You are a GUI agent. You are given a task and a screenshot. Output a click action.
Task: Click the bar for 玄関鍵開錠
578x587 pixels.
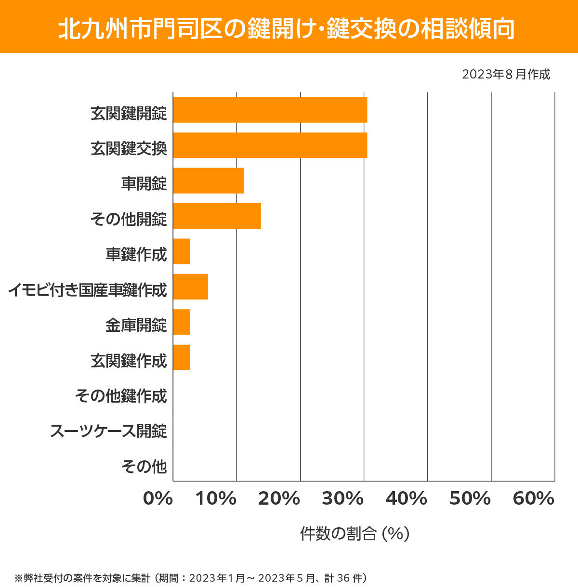pyautogui.click(x=270, y=110)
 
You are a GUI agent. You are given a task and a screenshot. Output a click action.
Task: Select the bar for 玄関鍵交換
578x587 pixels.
pyautogui.click(x=270, y=145)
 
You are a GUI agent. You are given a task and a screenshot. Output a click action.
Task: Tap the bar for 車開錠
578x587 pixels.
pyautogui.click(x=208, y=181)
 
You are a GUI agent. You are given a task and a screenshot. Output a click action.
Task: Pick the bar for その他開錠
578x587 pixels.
pyautogui.click(x=217, y=216)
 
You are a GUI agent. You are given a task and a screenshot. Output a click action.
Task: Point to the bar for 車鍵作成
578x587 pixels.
pyautogui.click(x=182, y=251)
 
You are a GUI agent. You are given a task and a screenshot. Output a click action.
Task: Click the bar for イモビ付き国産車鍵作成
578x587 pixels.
pyautogui.click(x=190, y=287)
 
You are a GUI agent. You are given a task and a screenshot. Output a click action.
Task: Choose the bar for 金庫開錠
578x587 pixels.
pyautogui.click(x=182, y=322)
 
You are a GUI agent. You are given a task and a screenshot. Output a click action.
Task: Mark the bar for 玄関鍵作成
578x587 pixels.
pyautogui.click(x=182, y=357)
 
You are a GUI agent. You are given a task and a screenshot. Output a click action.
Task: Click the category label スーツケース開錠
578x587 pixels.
pyautogui.click(x=108, y=431)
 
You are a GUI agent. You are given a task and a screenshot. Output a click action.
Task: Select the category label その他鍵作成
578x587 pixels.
pyautogui.click(x=121, y=396)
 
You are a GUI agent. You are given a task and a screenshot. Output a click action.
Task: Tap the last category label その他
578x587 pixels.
pyautogui.click(x=144, y=466)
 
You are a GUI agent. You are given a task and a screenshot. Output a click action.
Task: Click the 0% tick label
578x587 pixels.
pyautogui.click(x=158, y=499)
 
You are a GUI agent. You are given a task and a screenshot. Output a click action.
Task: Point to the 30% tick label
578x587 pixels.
pyautogui.click(x=342, y=499)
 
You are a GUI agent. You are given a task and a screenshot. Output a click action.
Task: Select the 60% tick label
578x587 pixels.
pyautogui.click(x=534, y=499)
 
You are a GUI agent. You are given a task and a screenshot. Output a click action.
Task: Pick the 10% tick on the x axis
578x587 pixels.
pyautogui.click(x=216, y=499)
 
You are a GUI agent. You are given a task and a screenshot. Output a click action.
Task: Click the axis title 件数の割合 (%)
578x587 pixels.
pyautogui.click(x=355, y=534)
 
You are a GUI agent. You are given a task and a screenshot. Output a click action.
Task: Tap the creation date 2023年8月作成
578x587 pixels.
pyautogui.click(x=506, y=75)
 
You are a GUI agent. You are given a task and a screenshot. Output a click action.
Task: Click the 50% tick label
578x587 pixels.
pyautogui.click(x=470, y=499)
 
